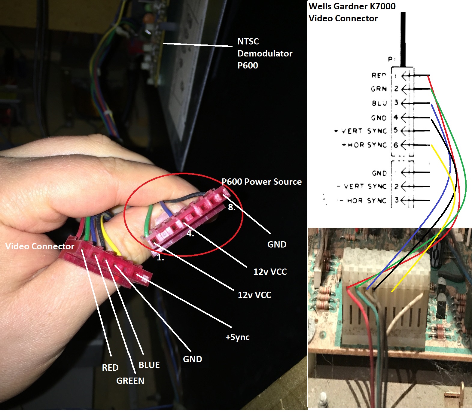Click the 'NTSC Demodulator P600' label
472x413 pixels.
click(x=264, y=53)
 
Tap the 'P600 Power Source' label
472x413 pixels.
click(x=261, y=182)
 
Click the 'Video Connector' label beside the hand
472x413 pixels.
click(x=40, y=246)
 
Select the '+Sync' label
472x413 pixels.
click(x=237, y=337)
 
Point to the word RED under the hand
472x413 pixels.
click(x=110, y=367)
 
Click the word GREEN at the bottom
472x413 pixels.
click(x=130, y=381)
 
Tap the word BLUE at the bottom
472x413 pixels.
click(x=149, y=365)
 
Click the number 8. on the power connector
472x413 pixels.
click(x=231, y=207)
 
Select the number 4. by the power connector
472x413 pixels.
click(x=190, y=234)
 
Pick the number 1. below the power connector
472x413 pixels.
click(x=160, y=258)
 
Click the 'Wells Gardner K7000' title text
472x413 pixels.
click(x=352, y=6)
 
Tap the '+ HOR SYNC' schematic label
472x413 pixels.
click(x=364, y=145)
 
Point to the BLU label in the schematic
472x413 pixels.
click(x=379, y=103)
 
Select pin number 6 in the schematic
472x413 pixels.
click(x=396, y=145)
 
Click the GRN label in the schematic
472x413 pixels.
click(x=379, y=89)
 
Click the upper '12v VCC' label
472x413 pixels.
click(x=270, y=272)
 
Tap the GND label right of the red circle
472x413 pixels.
click(x=277, y=244)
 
